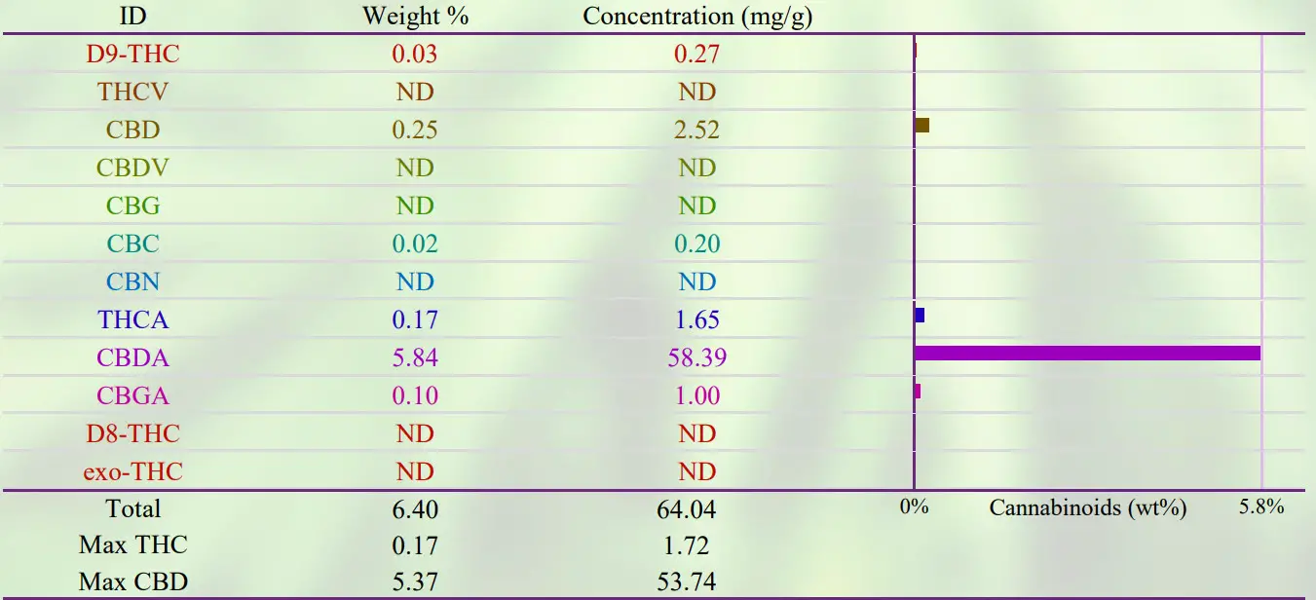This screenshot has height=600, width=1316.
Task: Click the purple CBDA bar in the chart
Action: pos(1087,353)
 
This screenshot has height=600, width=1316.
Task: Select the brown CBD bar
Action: pos(921,125)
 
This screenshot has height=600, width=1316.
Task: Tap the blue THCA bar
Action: pos(919,316)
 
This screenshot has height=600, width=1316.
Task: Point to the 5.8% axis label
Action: pos(1261,506)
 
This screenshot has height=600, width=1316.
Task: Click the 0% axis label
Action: pos(914,506)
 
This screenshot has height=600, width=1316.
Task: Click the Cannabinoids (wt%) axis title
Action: pos(1087,507)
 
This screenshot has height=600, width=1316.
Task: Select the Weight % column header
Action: pos(416,16)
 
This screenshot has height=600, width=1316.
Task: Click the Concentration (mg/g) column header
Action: pos(697,16)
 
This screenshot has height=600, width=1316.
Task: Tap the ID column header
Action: pos(132,16)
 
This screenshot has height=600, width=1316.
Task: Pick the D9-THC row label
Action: pos(132,54)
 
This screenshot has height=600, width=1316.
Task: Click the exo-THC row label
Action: pos(132,472)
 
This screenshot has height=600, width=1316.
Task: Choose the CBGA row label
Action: pos(132,395)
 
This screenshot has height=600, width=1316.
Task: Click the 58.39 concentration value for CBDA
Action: pos(697,358)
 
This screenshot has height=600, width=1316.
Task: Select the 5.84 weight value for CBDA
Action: pos(415,358)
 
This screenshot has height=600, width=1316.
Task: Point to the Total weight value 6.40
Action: pos(415,508)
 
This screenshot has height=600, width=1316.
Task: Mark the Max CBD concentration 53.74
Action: pos(697,582)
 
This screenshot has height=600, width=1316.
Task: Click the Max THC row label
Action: pos(132,544)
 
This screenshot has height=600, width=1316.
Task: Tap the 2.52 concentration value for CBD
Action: pos(697,130)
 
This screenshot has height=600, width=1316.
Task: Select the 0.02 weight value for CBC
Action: pos(415,244)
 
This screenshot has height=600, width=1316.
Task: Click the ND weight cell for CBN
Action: pos(415,281)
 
